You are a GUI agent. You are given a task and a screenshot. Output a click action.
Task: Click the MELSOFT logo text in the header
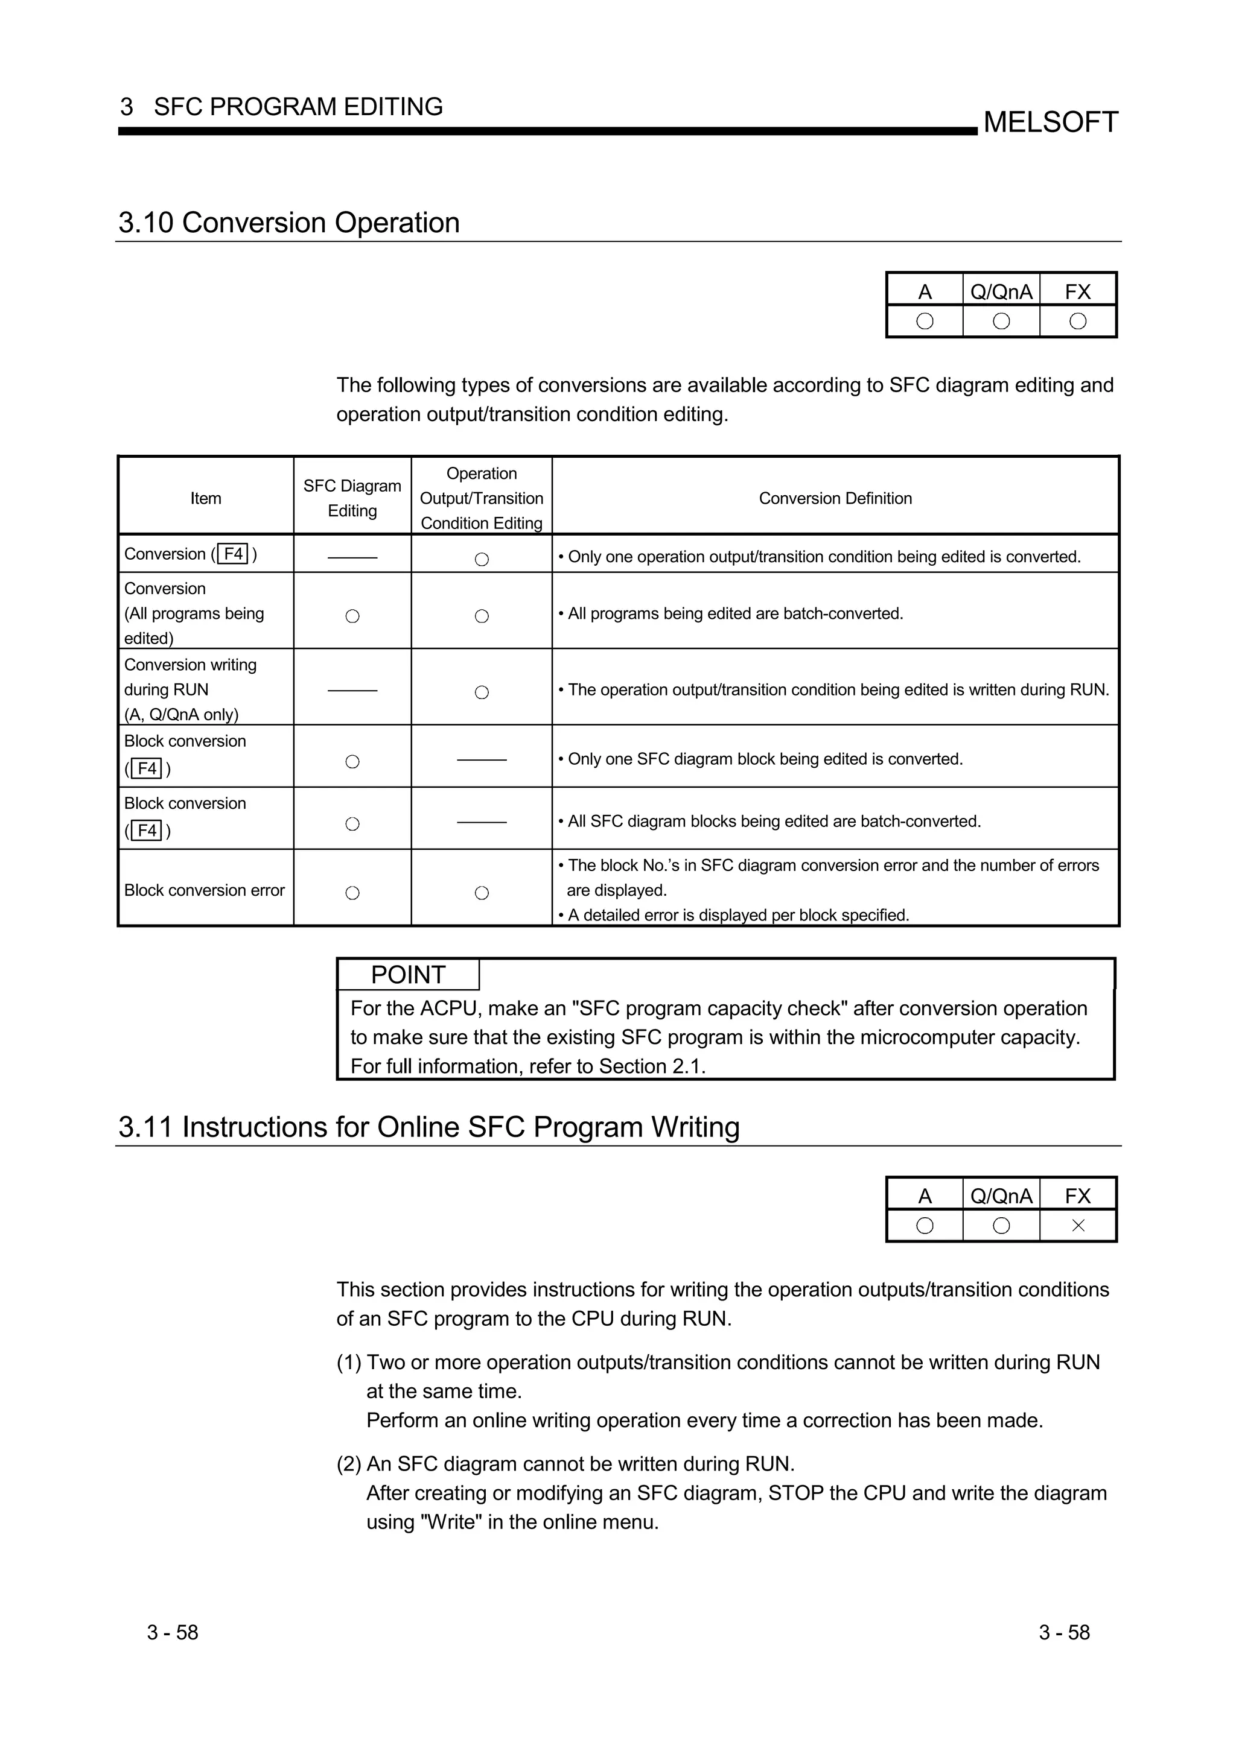[1050, 122]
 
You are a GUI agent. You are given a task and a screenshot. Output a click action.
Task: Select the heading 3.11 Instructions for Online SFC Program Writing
[428, 1127]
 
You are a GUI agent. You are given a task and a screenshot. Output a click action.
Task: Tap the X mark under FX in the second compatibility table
[1078, 1226]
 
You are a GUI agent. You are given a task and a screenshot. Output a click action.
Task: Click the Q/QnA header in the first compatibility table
[1001, 291]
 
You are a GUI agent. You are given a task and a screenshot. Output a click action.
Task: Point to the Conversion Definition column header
[835, 499]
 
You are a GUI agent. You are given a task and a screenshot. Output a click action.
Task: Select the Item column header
[206, 499]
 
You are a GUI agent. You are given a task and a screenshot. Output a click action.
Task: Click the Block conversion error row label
[204, 890]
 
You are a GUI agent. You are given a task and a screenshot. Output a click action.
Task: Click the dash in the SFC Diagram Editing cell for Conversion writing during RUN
[352, 691]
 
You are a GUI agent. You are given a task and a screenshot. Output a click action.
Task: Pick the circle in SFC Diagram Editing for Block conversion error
[352, 893]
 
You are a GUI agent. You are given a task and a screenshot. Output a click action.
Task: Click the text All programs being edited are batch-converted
[735, 613]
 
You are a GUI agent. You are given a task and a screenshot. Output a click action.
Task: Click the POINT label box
[408, 975]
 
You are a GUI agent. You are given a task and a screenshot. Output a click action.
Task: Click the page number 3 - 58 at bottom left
[173, 1632]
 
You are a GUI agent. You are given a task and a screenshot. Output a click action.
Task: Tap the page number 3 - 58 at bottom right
[1064, 1632]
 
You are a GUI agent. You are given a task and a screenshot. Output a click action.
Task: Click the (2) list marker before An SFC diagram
[349, 1463]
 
